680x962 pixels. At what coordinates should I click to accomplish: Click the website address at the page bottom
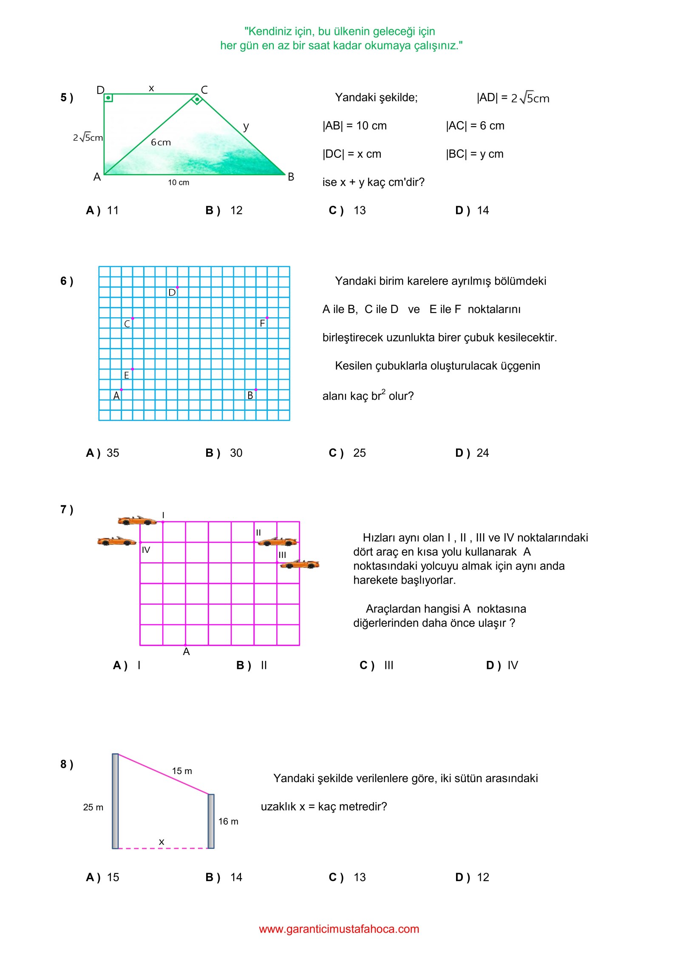tap(339, 929)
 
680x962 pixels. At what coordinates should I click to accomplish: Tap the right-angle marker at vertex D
tap(108, 98)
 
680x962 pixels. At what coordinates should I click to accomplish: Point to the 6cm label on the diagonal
tap(161, 142)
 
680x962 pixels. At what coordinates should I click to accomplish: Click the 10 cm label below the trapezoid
tap(178, 182)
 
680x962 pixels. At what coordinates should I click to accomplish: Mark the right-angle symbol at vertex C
tap(197, 100)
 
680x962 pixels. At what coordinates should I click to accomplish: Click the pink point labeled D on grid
tap(177, 287)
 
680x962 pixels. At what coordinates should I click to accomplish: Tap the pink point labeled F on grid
tap(267, 318)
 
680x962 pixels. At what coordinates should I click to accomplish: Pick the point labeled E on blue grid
tap(133, 369)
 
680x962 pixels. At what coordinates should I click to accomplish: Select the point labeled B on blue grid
tap(256, 390)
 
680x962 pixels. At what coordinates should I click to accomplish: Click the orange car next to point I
tap(137, 521)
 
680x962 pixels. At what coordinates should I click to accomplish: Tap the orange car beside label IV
tap(116, 541)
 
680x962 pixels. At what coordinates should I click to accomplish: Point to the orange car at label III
tap(300, 564)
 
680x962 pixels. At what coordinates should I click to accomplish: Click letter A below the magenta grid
tap(186, 652)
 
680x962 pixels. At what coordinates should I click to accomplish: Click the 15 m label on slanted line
tap(182, 771)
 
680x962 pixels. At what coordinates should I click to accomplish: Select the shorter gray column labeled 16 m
tap(211, 821)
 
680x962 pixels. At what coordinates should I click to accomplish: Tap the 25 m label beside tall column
tap(93, 807)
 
